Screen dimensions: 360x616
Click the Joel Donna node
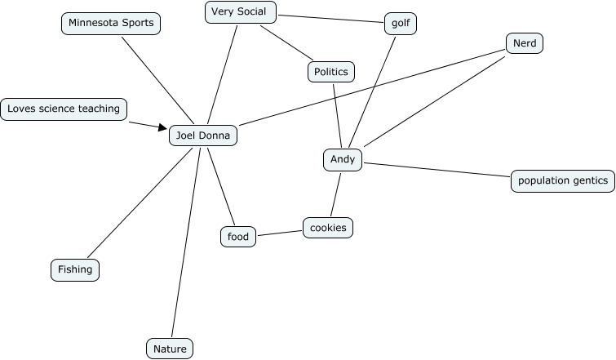pos(203,136)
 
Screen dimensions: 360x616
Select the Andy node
pos(343,159)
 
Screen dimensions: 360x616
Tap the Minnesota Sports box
pos(111,24)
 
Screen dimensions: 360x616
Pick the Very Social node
pos(240,11)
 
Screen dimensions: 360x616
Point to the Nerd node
pos(524,43)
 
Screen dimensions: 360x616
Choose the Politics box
pos(331,72)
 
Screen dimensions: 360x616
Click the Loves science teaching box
pos(64,109)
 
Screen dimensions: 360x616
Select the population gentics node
pos(563,180)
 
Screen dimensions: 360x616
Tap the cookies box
pos(328,228)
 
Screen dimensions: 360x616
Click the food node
pos(238,237)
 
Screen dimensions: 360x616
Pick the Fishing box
pos(75,269)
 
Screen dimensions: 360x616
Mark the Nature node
pos(171,349)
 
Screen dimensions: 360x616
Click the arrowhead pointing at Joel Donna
pos(162,127)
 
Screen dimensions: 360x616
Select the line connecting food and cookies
pos(279,233)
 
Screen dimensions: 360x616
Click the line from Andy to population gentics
pos(437,170)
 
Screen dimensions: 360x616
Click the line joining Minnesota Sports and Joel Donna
pos(157,81)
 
